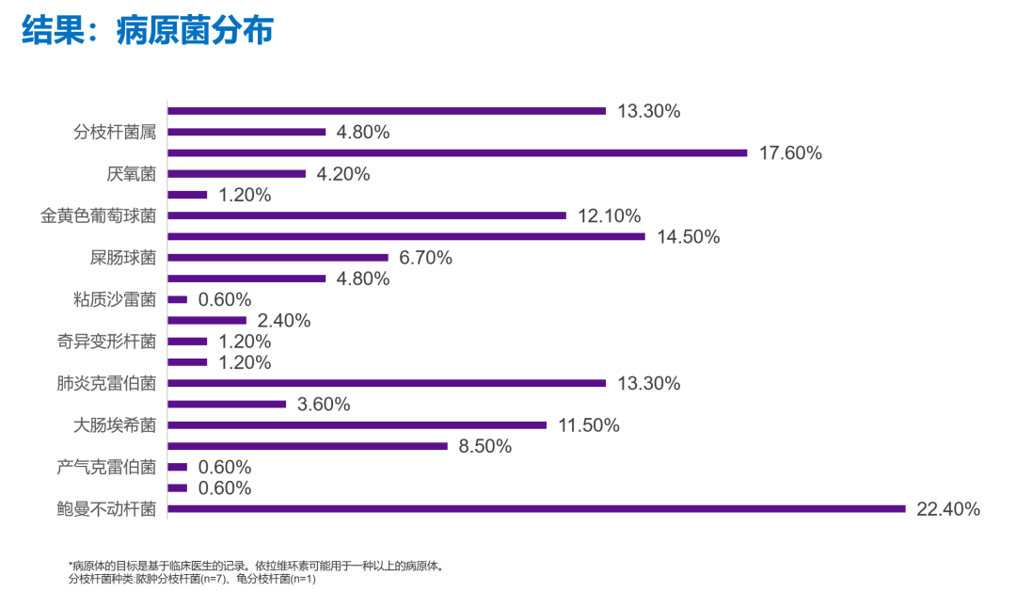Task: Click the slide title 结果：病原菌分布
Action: pos(148,32)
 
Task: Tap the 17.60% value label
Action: pos(790,153)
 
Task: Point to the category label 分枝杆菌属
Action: pos(115,132)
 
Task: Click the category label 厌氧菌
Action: pos(132,174)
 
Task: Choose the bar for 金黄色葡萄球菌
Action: pos(367,216)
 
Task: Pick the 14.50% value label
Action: pos(689,237)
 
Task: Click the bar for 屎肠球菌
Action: pos(278,258)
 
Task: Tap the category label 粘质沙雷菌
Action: pos(115,300)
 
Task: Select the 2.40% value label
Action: pos(283,321)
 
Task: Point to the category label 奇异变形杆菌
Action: pos(106,342)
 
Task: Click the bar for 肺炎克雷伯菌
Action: pos(387,383)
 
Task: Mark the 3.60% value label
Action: pos(324,405)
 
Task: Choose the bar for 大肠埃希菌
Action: pos(357,425)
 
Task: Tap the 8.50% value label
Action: pos(485,446)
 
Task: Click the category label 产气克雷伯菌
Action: pos(106,467)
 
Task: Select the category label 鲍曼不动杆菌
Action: pos(106,509)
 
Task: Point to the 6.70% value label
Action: pos(426,258)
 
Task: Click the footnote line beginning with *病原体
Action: pos(255,566)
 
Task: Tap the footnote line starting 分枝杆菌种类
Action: pos(192,579)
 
